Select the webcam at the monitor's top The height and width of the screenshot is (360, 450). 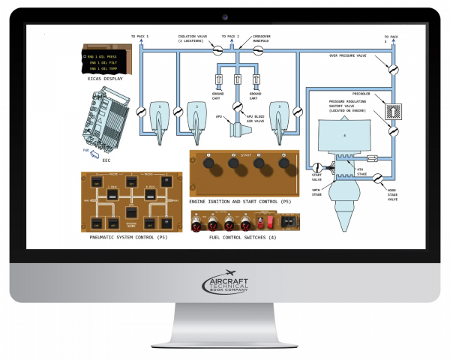tap(225, 16)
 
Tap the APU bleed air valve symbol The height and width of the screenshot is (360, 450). tap(238, 106)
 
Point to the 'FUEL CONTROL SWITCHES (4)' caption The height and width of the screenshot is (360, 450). tap(240, 237)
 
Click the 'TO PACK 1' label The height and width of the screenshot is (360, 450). tap(140, 36)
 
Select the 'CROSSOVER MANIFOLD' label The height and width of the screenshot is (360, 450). tap(261, 37)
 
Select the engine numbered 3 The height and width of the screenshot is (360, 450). tap(279, 118)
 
